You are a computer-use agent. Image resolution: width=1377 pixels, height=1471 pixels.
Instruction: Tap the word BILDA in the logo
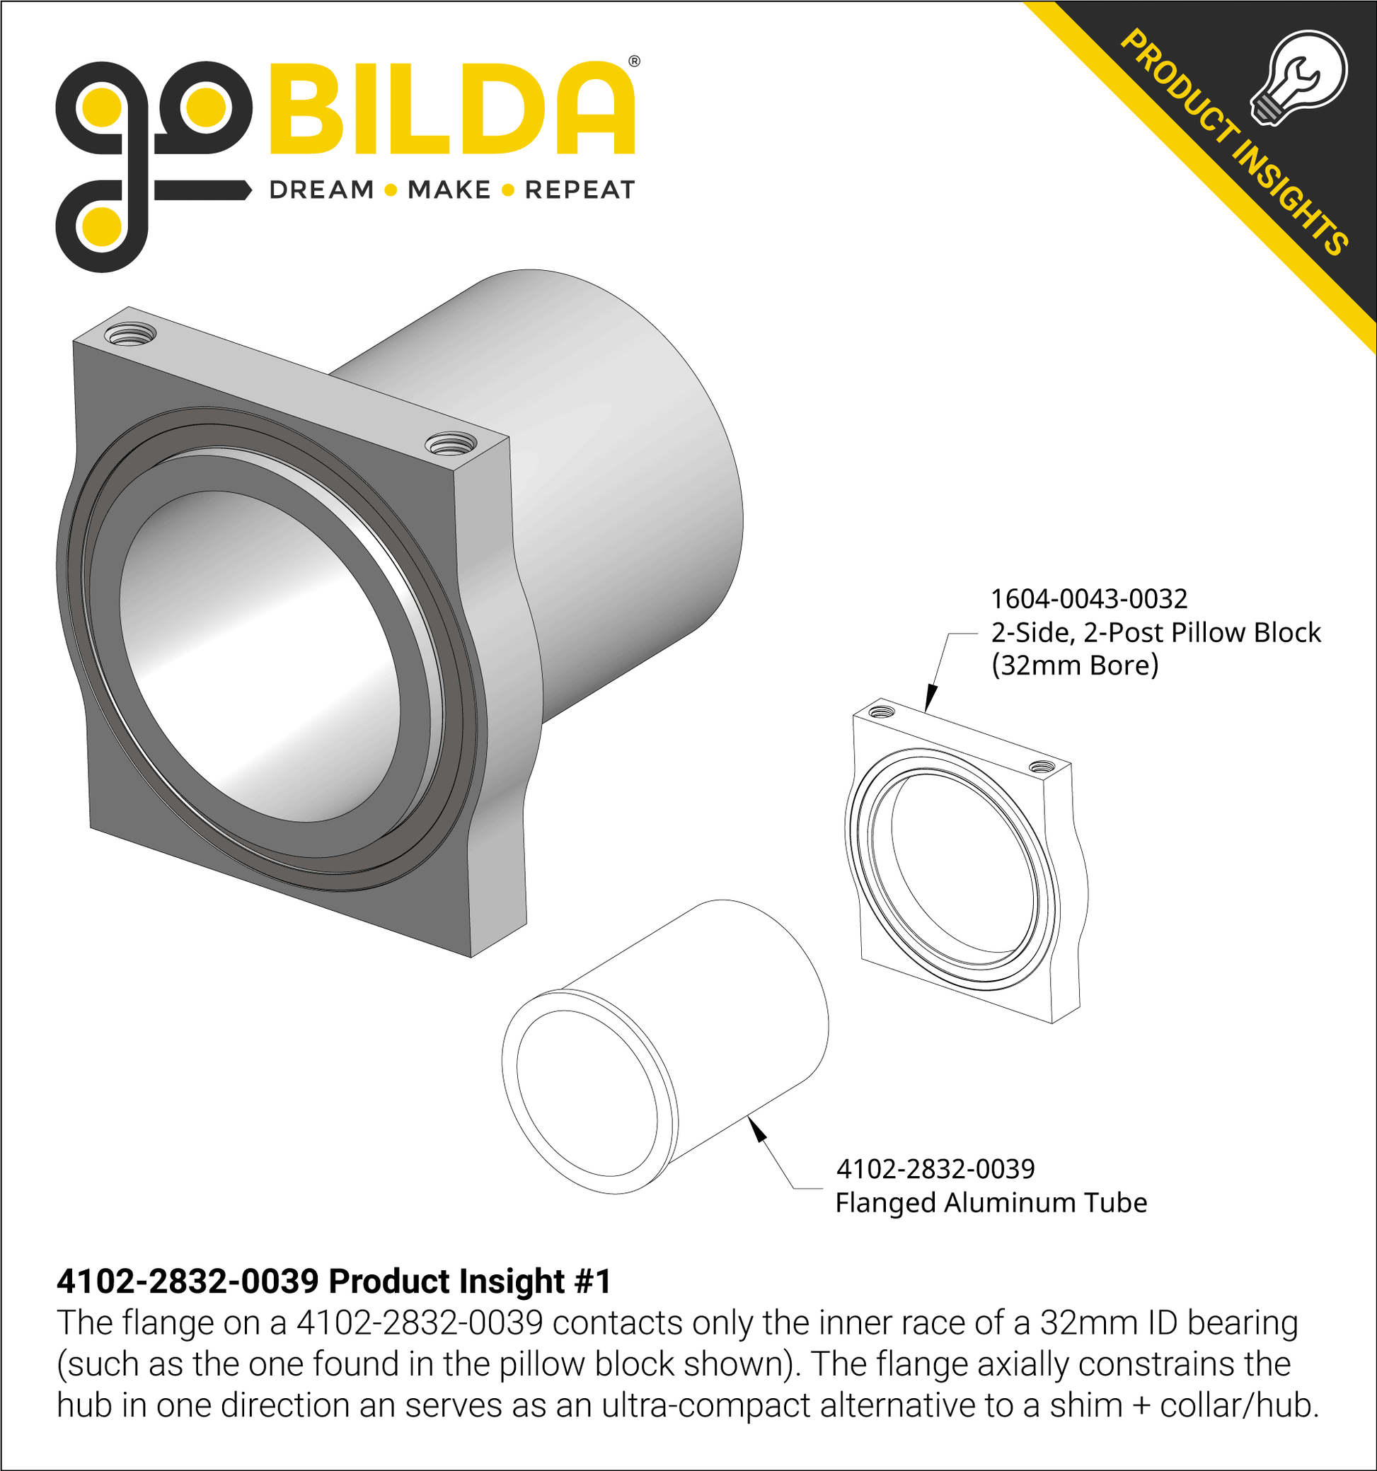[x=452, y=110]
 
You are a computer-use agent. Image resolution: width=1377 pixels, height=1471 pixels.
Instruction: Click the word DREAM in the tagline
[x=321, y=190]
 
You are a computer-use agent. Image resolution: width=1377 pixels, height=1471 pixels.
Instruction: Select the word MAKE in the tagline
[x=449, y=190]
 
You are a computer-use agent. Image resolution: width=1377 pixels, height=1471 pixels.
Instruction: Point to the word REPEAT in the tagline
[x=580, y=190]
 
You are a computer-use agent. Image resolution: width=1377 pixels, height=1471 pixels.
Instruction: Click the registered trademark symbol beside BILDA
[x=634, y=62]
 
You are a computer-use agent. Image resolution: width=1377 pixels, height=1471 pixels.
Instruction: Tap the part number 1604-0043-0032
[x=1089, y=598]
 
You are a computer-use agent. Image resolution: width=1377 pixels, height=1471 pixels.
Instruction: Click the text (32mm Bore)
[x=1075, y=666]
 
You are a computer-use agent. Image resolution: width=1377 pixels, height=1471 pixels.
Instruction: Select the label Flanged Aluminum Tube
[x=991, y=1203]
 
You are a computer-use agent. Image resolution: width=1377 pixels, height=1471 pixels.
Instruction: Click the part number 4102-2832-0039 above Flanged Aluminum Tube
[x=935, y=1169]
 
